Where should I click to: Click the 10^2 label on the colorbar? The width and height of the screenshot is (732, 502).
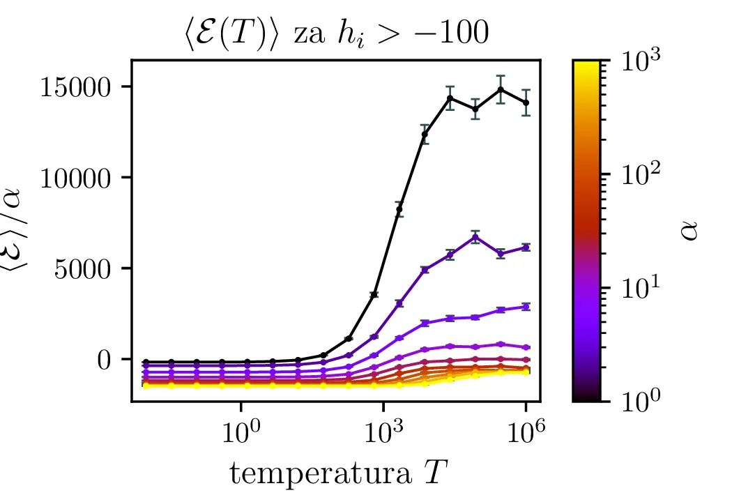[643, 174]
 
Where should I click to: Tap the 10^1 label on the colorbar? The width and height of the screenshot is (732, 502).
[643, 287]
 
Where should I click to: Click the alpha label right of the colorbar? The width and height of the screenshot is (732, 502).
[690, 231]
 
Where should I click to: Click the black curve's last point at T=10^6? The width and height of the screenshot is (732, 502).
[526, 102]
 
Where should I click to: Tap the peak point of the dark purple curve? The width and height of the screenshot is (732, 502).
[475, 237]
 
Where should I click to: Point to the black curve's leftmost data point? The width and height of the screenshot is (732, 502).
[146, 362]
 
